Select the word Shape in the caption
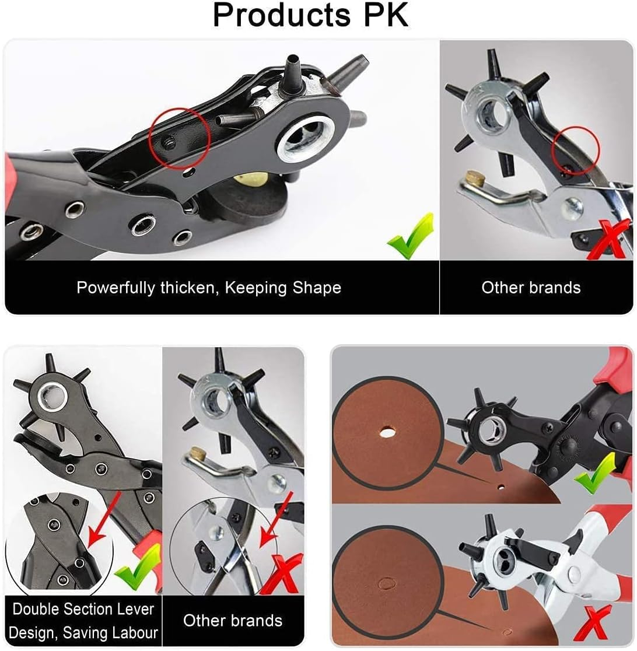(316, 288)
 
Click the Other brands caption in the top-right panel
(531, 288)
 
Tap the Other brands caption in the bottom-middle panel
(233, 620)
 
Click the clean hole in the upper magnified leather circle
(386, 433)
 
